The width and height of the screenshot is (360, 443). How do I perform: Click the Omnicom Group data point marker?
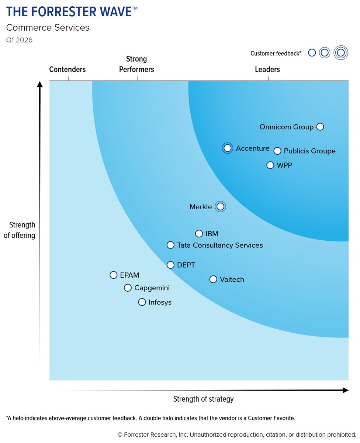(x=320, y=127)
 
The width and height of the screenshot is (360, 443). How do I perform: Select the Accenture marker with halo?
(x=228, y=148)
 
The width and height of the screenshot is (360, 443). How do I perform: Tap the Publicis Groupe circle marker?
(x=277, y=151)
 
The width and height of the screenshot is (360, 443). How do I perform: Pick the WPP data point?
(x=270, y=165)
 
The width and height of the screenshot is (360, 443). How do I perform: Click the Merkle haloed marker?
(x=220, y=207)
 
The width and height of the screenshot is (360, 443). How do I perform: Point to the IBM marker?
(x=199, y=234)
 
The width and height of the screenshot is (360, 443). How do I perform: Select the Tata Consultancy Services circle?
(x=170, y=245)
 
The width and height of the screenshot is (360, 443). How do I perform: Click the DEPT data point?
(x=170, y=265)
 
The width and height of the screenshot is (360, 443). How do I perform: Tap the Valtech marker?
(x=213, y=279)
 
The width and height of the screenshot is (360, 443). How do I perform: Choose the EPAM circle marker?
(x=114, y=275)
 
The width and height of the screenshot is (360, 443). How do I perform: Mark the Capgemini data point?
(x=128, y=288)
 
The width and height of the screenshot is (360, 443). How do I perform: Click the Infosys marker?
(x=142, y=302)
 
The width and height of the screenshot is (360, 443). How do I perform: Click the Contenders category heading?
(x=67, y=69)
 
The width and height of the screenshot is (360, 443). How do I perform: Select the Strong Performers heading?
(x=136, y=64)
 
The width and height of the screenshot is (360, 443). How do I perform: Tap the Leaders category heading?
(x=267, y=69)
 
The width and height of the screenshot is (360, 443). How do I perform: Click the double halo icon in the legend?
(x=341, y=53)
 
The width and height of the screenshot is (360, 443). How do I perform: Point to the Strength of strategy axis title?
(x=203, y=399)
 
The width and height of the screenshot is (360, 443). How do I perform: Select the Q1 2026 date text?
(x=19, y=40)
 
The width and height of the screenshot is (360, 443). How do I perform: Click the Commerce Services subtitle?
(x=48, y=28)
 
